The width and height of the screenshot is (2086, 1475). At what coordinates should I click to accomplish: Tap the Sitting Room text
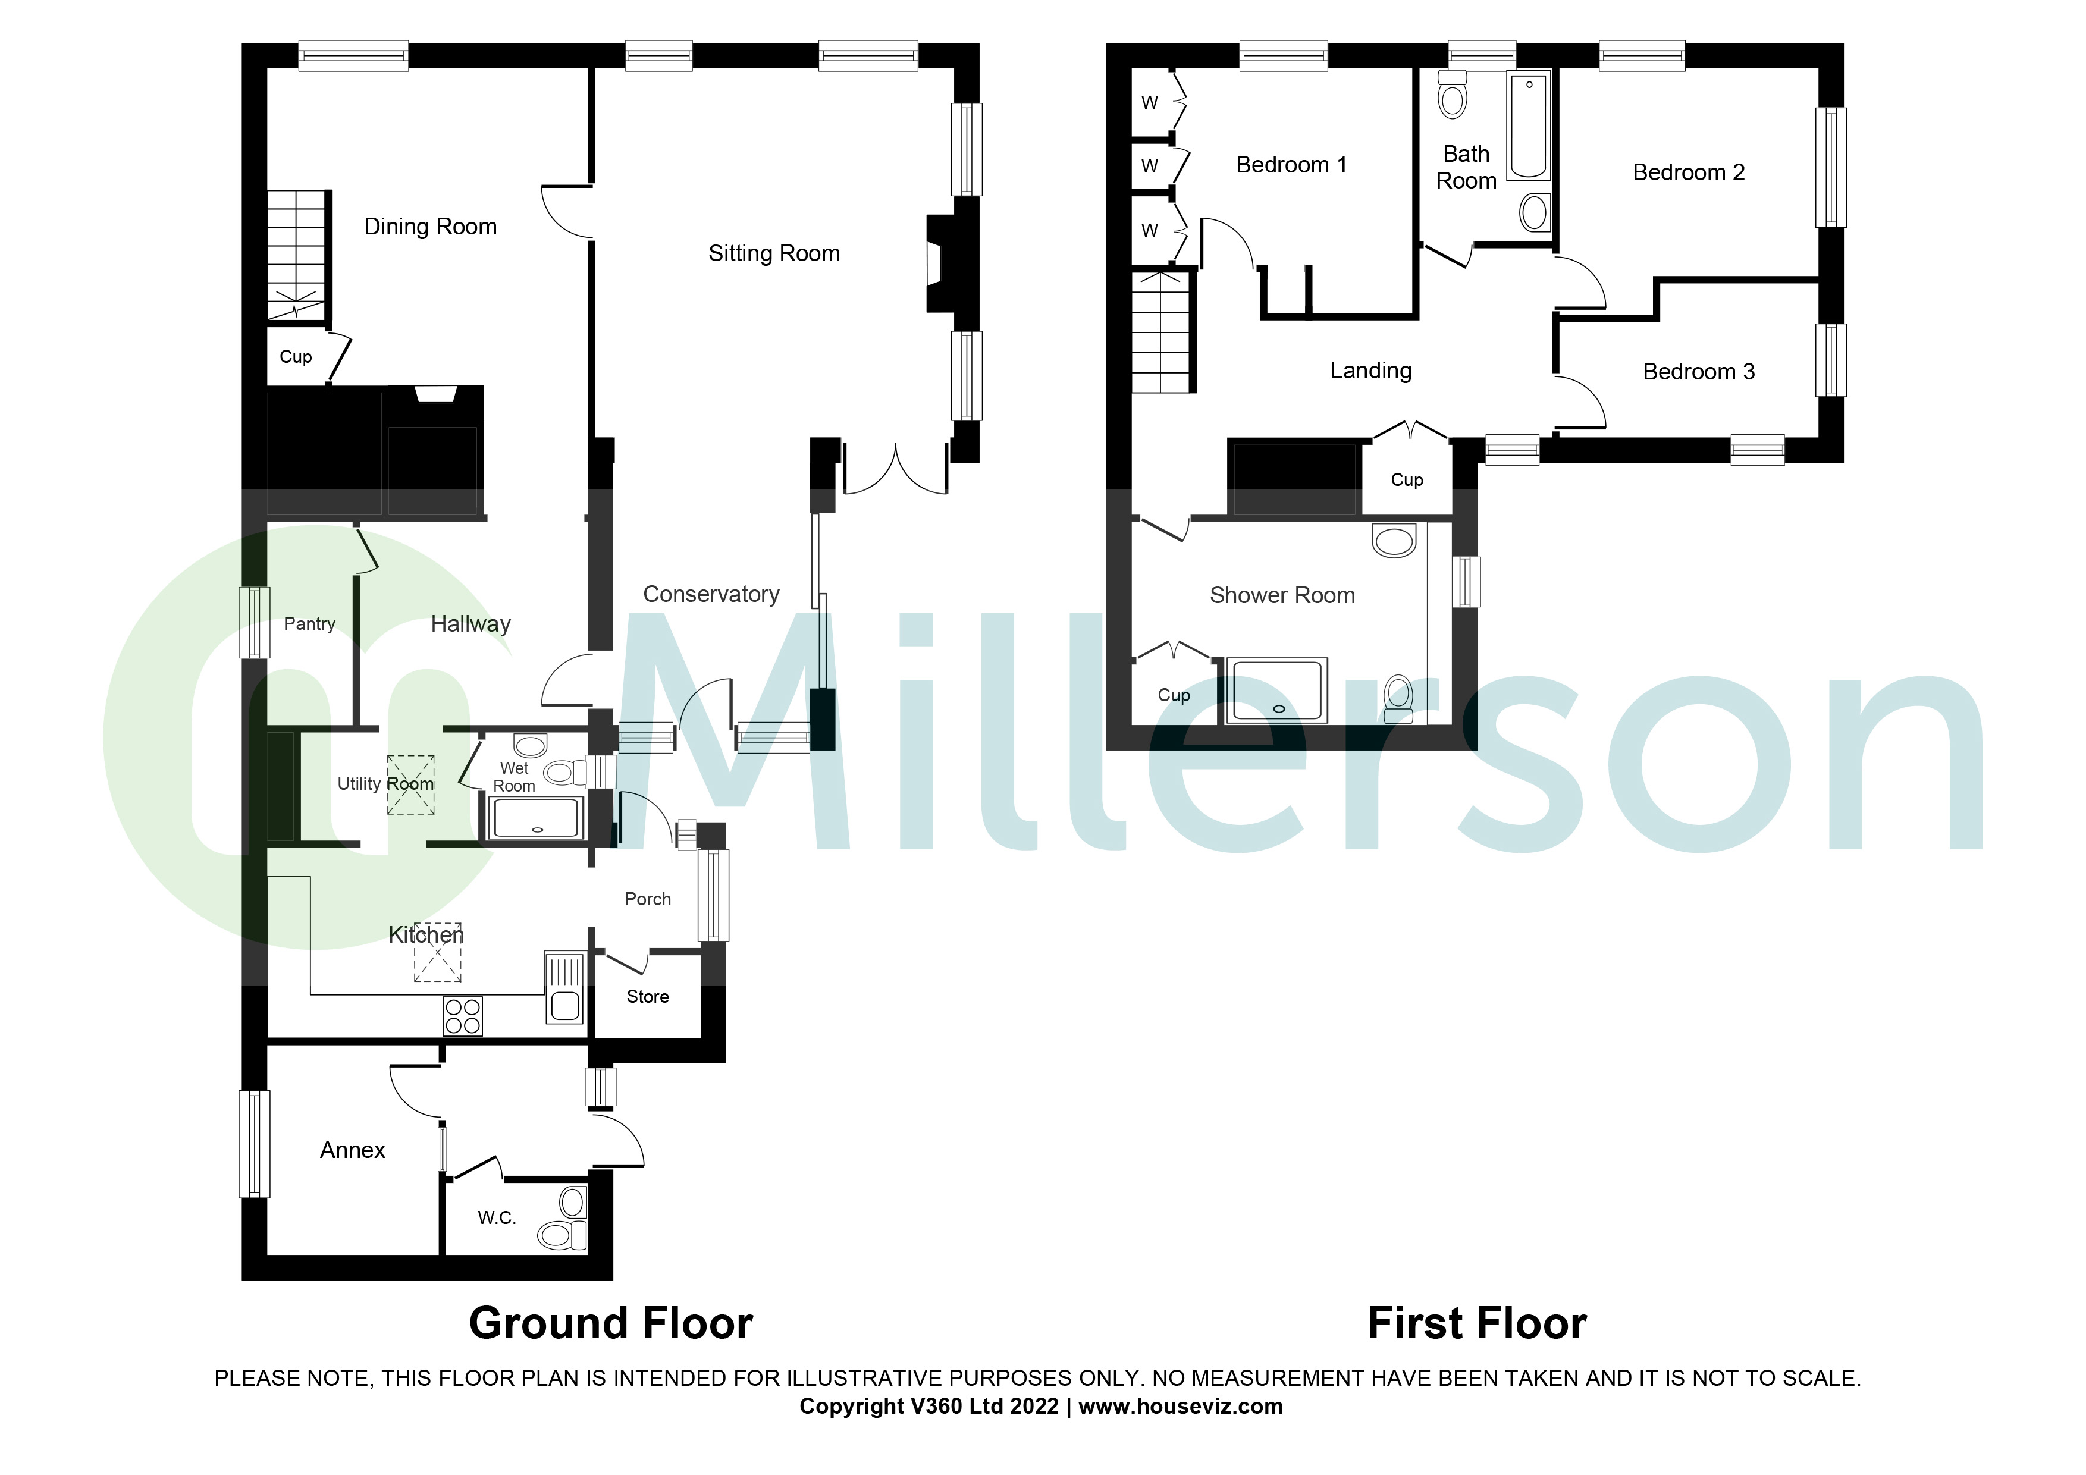(773, 253)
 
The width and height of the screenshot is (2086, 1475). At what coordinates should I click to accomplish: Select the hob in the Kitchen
(462, 1016)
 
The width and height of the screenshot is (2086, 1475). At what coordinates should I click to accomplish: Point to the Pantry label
(309, 624)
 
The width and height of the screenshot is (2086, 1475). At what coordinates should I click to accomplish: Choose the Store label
(647, 997)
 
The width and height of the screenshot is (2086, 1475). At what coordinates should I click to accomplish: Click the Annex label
(353, 1151)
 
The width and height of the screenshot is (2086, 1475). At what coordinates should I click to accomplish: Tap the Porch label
(647, 899)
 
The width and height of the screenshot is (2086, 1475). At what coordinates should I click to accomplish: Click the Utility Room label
(385, 784)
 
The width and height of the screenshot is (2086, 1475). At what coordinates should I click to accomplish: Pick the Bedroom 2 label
(1688, 172)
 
